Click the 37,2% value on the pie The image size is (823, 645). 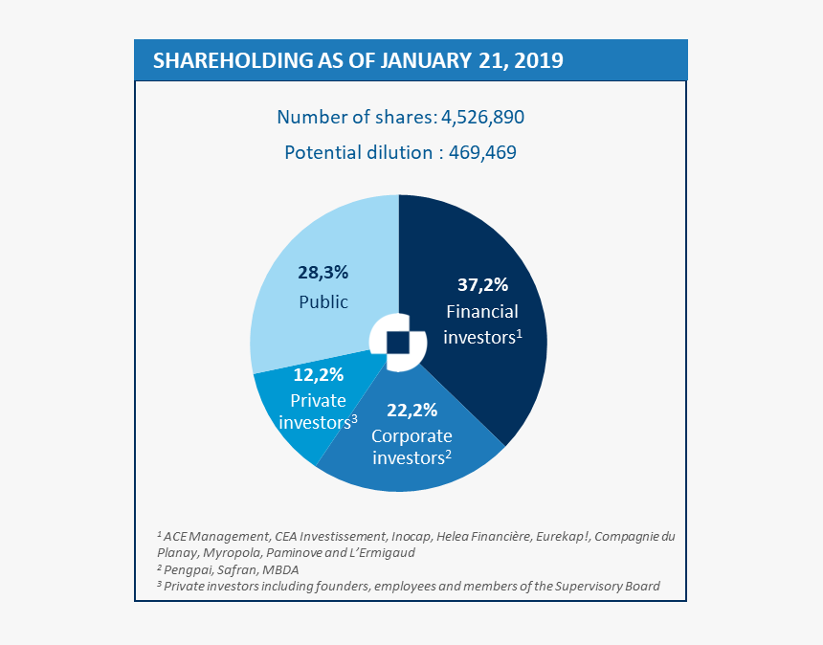(x=482, y=285)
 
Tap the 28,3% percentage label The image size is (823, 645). (x=323, y=273)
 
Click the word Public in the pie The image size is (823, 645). (x=323, y=302)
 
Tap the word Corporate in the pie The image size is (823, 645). (x=411, y=435)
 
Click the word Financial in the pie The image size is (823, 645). (x=482, y=311)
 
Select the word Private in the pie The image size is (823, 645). (x=318, y=400)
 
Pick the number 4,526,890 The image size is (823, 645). (x=482, y=117)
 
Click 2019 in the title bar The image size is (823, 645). (x=538, y=60)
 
